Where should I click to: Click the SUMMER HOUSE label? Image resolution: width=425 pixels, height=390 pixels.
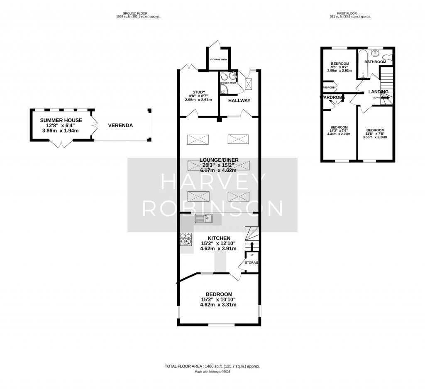click(61, 120)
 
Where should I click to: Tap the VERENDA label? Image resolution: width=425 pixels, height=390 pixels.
click(120, 125)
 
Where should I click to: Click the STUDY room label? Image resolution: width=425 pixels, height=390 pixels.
click(198, 92)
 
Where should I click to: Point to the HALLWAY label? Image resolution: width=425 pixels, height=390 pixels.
click(239, 100)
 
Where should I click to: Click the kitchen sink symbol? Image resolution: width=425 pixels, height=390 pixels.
click(204, 218)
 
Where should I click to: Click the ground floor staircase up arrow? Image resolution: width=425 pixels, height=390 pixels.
click(250, 245)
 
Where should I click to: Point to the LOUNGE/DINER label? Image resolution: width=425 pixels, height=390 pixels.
click(219, 160)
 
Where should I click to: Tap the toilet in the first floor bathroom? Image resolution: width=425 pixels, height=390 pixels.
click(386, 57)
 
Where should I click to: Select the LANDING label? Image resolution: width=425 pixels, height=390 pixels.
click(378, 91)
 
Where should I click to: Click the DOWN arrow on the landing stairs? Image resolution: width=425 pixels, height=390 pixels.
click(384, 98)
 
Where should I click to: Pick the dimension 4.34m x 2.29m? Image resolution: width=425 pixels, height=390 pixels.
click(339, 133)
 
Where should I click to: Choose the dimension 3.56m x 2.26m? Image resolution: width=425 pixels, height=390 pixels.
click(375, 137)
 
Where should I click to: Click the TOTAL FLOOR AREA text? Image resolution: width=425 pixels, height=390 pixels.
click(212, 366)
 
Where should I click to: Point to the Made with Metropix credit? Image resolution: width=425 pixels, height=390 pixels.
click(212, 372)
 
